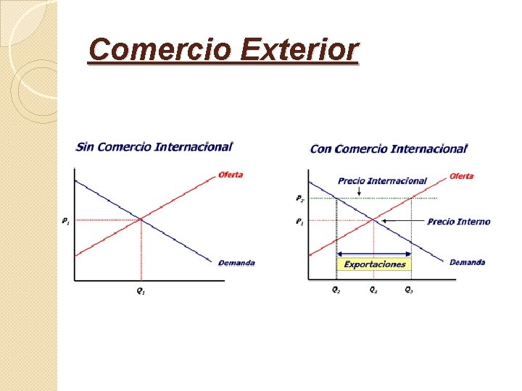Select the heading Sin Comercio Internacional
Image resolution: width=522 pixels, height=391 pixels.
pos(154,146)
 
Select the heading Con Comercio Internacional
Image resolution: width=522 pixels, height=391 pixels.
pos(389,148)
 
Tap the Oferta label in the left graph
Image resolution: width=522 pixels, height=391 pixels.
pos(231,175)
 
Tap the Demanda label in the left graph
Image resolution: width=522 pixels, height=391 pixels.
pos(236,263)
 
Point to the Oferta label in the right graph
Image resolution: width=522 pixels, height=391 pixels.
pos(461,176)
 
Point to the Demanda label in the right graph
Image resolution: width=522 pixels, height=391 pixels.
pos(467,262)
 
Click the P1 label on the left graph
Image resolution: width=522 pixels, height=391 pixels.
pos(66,219)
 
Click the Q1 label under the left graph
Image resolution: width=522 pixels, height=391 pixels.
pos(141,291)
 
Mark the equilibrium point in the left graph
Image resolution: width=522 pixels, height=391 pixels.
pos(141,219)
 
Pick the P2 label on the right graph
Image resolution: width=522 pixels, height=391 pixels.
pos(299,198)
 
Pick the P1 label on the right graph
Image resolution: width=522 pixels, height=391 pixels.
pos(299,222)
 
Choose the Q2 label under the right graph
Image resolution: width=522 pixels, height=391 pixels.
pos(336,290)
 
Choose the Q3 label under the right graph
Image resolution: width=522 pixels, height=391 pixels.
pos(410,290)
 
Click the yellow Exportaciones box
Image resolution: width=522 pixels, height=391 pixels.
pos(374,264)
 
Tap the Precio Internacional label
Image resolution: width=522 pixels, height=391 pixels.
pos(382,181)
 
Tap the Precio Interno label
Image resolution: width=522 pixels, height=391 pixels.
pos(458,222)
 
